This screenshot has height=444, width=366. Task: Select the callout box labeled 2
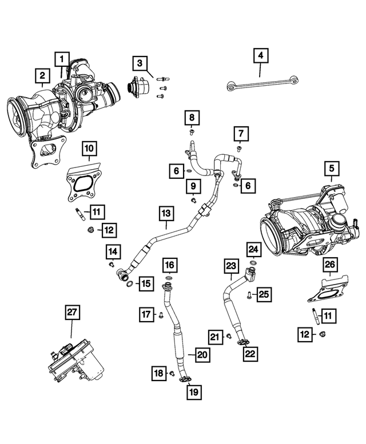(x=41, y=75)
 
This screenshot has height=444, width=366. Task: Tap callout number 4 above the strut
(x=260, y=56)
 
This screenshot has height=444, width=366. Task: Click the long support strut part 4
(x=260, y=85)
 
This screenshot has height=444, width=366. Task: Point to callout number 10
(x=89, y=150)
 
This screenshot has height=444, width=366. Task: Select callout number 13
(x=166, y=214)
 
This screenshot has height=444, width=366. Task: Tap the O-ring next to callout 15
(x=130, y=283)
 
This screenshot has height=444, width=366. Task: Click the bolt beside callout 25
(x=250, y=295)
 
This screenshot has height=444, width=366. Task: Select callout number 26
(x=330, y=264)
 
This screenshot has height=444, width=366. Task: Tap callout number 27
(x=71, y=312)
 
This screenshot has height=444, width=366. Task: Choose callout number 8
(x=192, y=118)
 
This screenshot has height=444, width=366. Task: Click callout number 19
(x=192, y=392)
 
